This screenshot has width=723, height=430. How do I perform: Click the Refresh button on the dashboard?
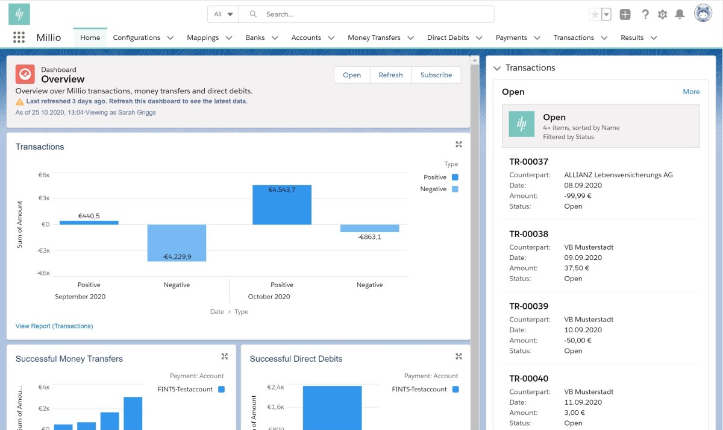(390, 75)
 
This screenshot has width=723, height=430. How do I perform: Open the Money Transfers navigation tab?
(374, 37)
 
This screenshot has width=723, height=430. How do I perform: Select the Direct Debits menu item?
(448, 37)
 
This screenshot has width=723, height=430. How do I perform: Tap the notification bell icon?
(680, 14)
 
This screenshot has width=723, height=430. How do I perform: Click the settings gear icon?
(662, 14)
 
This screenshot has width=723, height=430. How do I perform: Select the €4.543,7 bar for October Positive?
(282, 205)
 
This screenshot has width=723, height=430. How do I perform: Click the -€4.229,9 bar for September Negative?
(177, 243)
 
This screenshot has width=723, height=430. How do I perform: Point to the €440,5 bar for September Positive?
(89, 223)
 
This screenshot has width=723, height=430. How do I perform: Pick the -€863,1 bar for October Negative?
(369, 228)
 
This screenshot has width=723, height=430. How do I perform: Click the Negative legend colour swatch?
(455, 189)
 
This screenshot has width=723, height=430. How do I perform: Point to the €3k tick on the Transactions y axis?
(44, 198)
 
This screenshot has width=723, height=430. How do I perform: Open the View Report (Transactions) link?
(54, 326)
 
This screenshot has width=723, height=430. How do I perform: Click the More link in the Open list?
(691, 92)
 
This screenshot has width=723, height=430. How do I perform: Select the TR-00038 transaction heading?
(529, 234)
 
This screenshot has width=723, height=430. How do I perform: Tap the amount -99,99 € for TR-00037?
(577, 196)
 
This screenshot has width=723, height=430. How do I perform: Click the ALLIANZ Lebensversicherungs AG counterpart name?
(618, 175)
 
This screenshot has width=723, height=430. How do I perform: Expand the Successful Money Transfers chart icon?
(225, 356)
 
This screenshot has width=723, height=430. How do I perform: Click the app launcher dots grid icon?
(19, 37)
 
